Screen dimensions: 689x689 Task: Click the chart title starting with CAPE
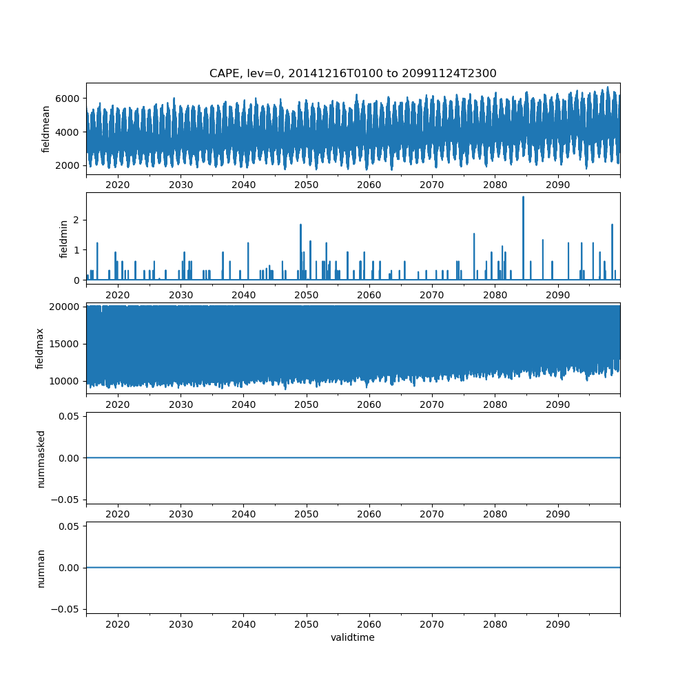click(353, 74)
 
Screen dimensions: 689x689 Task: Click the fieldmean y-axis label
click(46, 129)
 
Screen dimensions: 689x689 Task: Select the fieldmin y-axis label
click(64, 238)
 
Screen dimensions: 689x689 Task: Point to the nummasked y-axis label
click(41, 458)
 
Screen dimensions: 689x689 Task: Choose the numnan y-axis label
click(41, 568)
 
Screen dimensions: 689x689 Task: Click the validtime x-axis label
click(353, 637)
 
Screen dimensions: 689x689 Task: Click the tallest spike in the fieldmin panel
click(523, 198)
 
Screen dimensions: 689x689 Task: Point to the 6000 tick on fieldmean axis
click(68, 99)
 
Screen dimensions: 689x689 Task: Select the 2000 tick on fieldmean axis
click(68, 165)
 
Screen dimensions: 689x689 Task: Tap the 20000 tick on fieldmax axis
click(65, 307)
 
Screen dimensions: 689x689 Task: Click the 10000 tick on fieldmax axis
click(65, 381)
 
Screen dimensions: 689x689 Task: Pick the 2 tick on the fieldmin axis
click(76, 220)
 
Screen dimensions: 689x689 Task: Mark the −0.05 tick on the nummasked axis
click(65, 499)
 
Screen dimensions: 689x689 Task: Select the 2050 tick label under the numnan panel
click(307, 624)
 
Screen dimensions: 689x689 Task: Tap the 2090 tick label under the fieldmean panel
click(557, 185)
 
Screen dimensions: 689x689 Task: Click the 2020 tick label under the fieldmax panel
click(118, 405)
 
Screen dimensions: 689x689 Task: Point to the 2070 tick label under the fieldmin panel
click(432, 295)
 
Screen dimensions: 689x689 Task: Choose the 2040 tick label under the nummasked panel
click(244, 515)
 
